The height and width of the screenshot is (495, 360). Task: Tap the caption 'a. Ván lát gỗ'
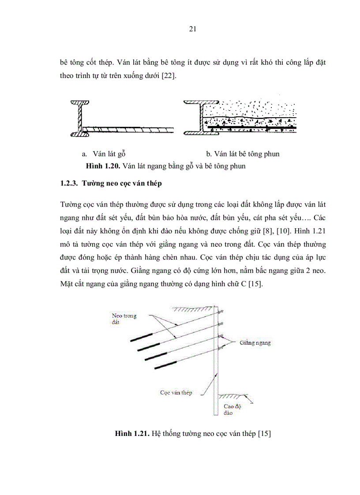click(104, 154)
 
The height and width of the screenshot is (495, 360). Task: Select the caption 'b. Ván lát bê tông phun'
click(243, 154)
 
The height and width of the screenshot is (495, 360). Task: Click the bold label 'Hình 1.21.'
click(131, 434)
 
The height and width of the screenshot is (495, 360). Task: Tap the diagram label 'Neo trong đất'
click(124, 319)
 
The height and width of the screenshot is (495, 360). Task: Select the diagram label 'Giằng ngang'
click(255, 342)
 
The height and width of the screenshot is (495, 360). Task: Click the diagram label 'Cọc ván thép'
click(176, 392)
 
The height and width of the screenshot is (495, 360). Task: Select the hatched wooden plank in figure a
click(128, 130)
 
